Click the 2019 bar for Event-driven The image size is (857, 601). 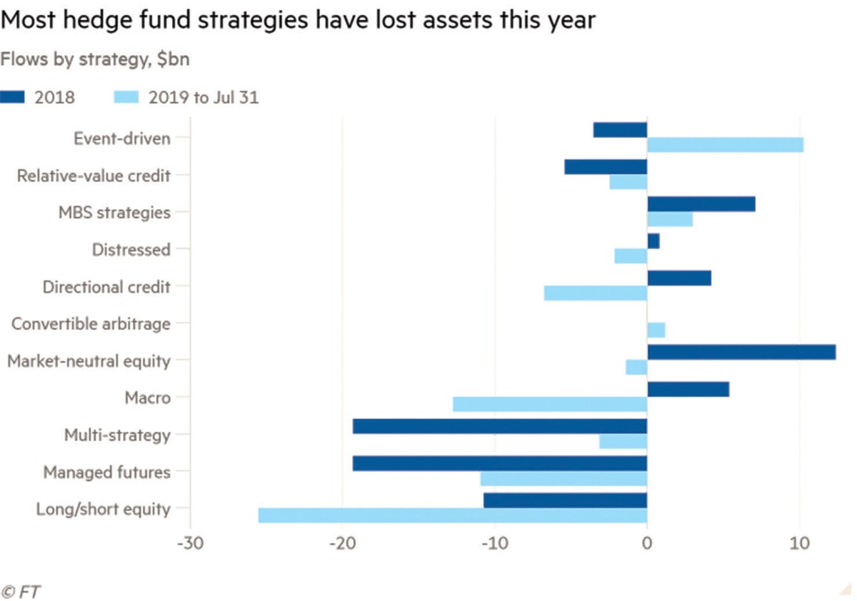[x=725, y=145]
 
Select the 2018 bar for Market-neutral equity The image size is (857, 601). [x=741, y=352]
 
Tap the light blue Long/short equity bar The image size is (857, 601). [x=452, y=515]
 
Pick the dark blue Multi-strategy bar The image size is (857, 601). [x=499, y=426]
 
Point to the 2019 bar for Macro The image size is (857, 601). [x=550, y=404]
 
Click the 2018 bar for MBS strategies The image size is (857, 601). [x=701, y=204]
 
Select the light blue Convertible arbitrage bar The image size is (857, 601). [x=656, y=330]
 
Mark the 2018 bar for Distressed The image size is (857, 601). [x=653, y=241]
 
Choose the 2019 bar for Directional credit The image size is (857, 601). [x=595, y=293]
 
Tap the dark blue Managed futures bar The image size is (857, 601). [x=499, y=463]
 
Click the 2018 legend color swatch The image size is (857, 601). [x=12, y=97]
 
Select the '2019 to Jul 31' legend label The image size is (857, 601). [x=204, y=97]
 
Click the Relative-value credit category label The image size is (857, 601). [x=94, y=175]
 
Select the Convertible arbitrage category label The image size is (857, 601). [x=91, y=324]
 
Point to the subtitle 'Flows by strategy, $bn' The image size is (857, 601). [x=94, y=59]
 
